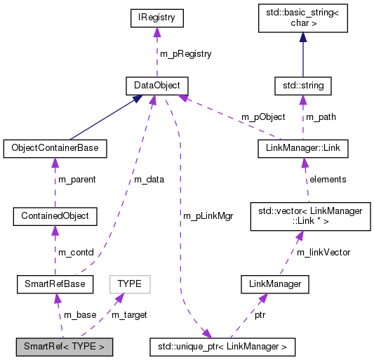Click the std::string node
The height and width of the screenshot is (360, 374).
coord(302,86)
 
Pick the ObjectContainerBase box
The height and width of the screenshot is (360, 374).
coord(55,148)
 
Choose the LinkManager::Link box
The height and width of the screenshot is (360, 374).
coord(302,148)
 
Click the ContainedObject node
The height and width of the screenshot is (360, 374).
coord(55,215)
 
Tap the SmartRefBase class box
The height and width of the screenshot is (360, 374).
coord(55,284)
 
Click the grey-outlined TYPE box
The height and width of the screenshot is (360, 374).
coord(129,284)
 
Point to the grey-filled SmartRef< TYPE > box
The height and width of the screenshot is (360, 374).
coord(64,346)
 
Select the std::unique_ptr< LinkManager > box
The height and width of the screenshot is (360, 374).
coord(222,346)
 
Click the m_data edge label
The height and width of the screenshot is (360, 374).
coord(149,179)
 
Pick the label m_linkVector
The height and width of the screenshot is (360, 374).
coord(323,252)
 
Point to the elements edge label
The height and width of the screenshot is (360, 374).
coord(328,179)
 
